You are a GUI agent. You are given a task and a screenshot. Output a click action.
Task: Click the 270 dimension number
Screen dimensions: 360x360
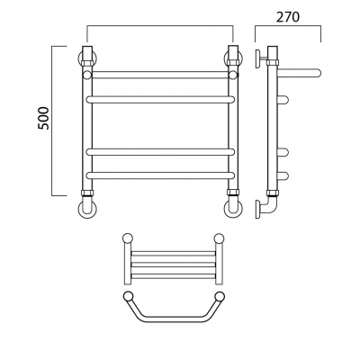coord(288,17)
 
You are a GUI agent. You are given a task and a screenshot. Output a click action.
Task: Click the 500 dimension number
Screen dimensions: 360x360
coord(44,118)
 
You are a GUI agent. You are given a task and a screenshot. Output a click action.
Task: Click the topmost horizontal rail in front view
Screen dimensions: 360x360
coord(160,75)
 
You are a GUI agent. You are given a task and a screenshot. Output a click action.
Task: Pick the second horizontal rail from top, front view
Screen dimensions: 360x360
coord(160,99)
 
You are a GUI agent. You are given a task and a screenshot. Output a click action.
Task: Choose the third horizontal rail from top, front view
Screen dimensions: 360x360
coord(160,152)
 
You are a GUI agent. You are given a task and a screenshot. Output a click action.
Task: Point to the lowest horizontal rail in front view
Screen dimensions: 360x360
coord(160,175)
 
